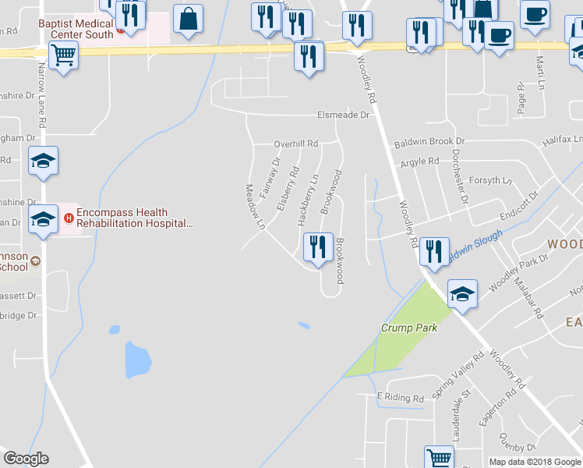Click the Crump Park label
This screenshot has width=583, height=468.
pos(409,328)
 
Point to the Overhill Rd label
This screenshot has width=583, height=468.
pos(296,144)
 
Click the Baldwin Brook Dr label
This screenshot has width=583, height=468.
pos(429,142)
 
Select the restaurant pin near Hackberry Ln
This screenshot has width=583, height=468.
pos(317,249)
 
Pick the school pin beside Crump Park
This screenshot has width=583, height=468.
pos(462,294)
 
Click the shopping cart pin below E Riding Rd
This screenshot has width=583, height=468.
pos(439,459)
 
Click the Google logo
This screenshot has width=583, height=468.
pos(26,459)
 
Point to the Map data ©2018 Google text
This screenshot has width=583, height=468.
pos(534,462)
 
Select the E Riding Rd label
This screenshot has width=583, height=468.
pos(401,398)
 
